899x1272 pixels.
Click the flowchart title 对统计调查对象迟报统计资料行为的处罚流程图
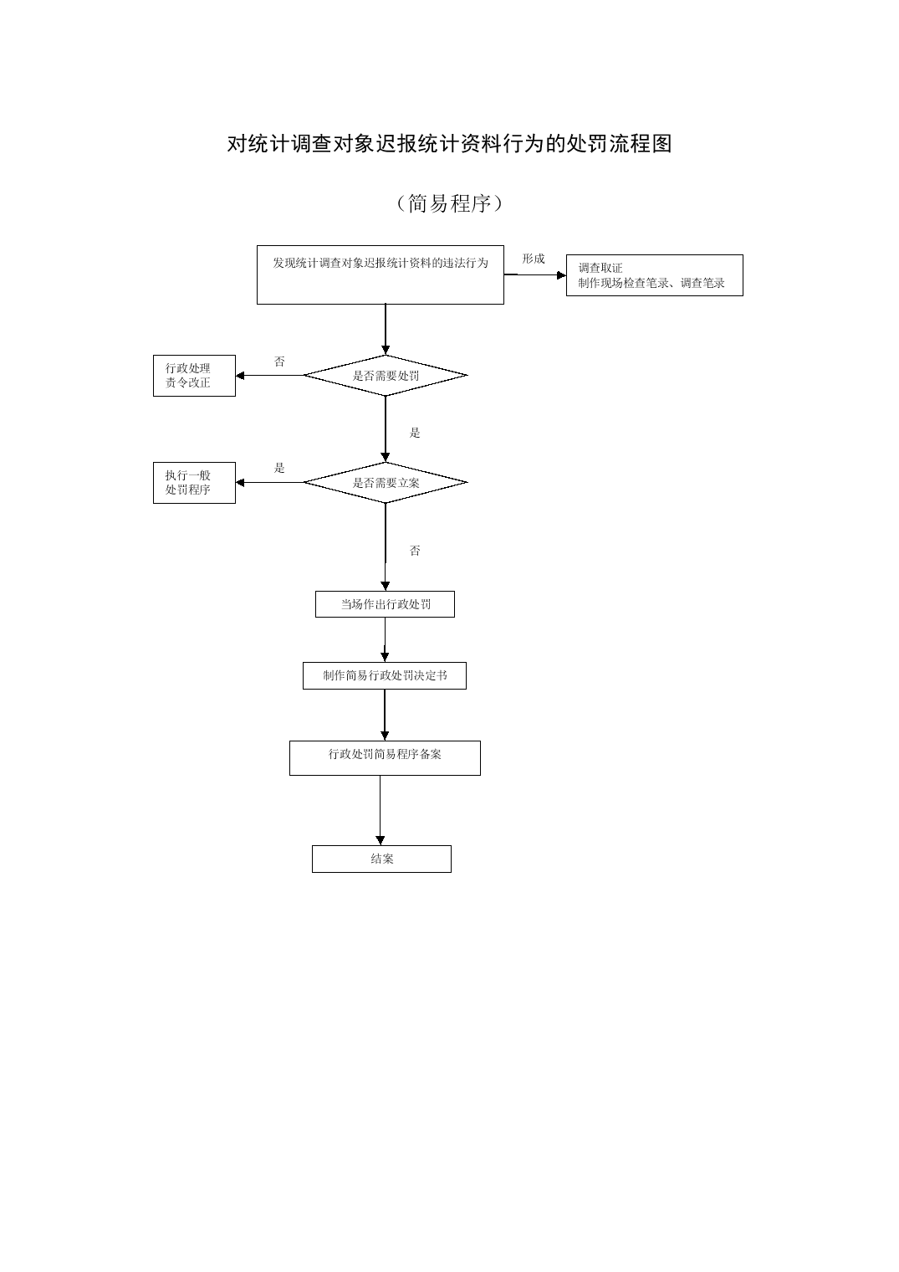tap(450, 144)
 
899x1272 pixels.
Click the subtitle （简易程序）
tap(450, 203)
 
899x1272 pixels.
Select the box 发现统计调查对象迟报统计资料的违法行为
tap(381, 274)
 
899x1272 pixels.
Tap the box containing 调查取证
tap(654, 275)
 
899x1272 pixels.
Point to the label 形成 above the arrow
tap(534, 259)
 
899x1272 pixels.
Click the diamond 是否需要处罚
tap(386, 376)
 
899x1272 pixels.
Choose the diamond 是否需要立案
tap(386, 483)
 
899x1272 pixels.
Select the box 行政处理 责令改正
tap(194, 376)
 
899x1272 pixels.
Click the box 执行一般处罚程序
tap(194, 483)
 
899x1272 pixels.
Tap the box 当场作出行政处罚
tap(385, 604)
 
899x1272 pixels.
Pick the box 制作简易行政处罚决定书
tap(384, 676)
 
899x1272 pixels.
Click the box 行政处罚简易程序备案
tap(385, 758)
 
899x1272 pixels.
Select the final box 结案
tap(381, 859)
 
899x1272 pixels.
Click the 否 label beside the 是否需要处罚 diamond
tap(279, 362)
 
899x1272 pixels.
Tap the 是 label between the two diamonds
tap(415, 433)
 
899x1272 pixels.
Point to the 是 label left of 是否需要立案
tap(279, 468)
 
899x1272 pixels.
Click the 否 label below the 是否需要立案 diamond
tap(415, 551)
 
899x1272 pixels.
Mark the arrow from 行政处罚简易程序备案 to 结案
tap(381, 810)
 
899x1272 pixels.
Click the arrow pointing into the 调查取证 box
tap(534, 274)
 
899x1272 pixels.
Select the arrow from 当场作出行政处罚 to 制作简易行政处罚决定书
tap(385, 639)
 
